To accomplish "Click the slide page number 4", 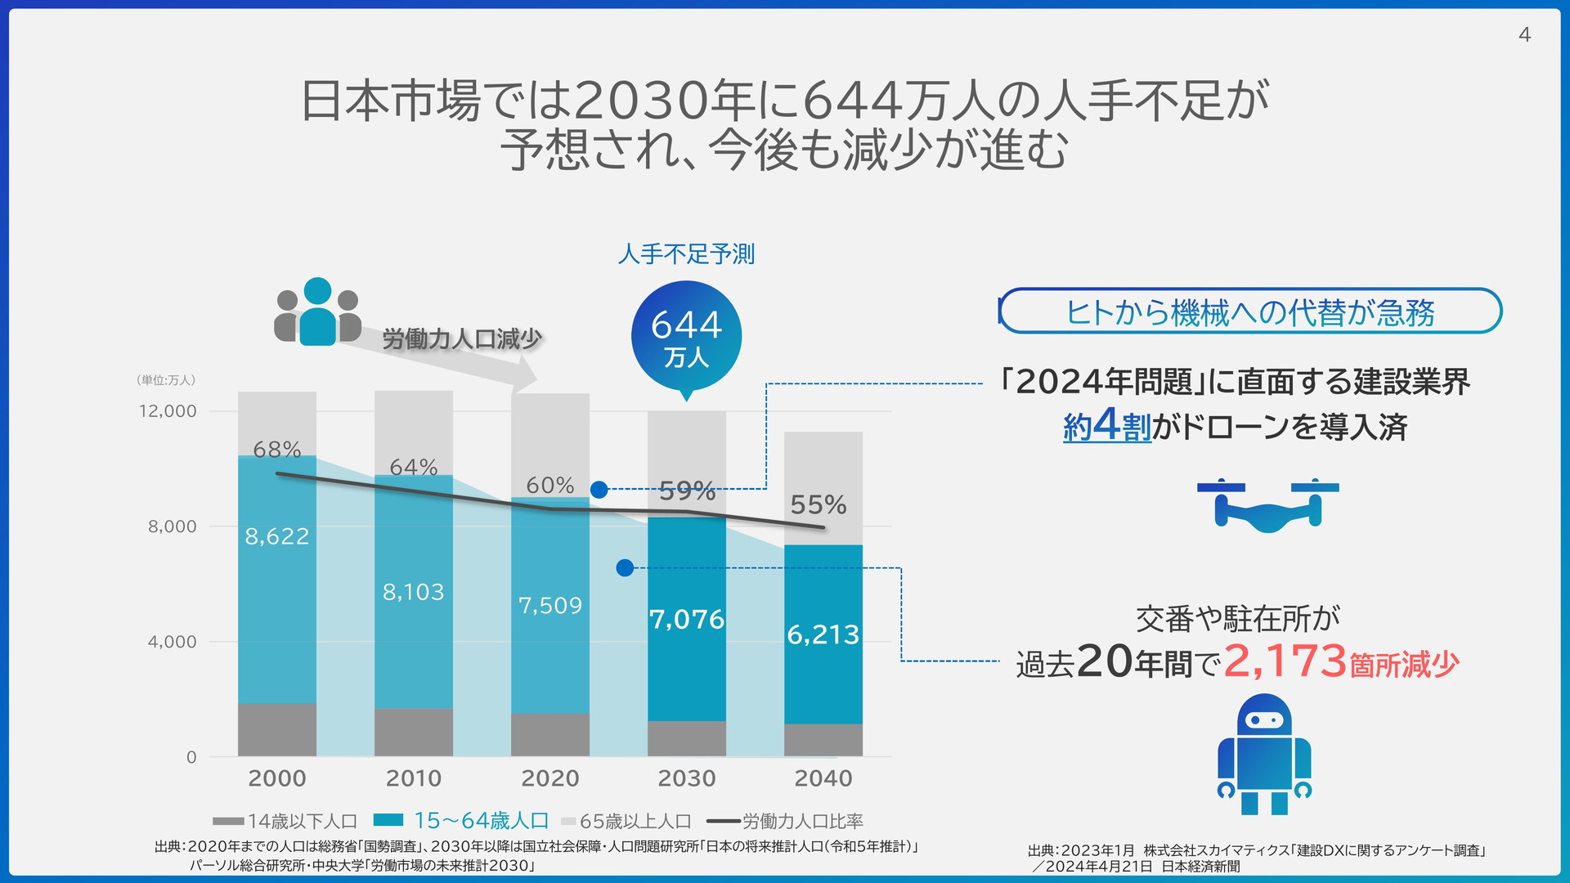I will [1524, 34].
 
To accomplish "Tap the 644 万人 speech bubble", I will [686, 336].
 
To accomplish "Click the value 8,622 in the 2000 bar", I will [277, 536].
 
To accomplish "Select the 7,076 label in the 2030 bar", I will [687, 619].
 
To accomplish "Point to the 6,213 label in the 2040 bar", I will [823, 634].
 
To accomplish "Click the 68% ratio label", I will [276, 450].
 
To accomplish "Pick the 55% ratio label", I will [818, 504].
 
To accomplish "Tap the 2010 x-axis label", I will [413, 778].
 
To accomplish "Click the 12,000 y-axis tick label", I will [168, 411].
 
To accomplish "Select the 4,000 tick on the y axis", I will [172, 642].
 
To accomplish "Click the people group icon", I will [317, 313].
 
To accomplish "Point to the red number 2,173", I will [1285, 661].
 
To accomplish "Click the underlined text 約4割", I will [1106, 426].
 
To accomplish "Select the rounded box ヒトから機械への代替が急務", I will [1250, 312].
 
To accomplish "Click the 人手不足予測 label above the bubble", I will [686, 254].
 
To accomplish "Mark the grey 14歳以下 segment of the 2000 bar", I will [277, 729].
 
